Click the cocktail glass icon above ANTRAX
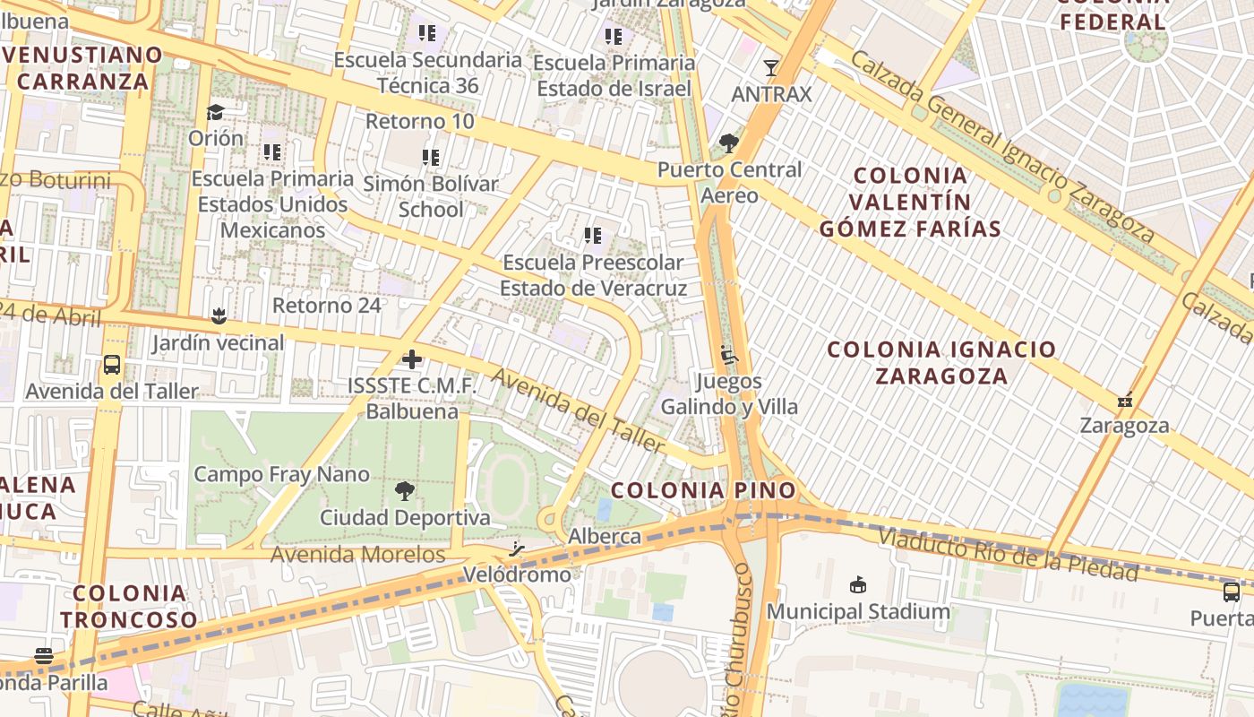point(769,67)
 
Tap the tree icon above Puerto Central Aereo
point(728,143)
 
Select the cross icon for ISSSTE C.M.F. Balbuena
point(412,359)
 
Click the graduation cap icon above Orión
point(215,112)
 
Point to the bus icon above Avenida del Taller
point(112,365)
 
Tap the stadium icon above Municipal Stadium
point(858,585)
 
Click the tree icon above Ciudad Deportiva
point(405,490)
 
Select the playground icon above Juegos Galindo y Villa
point(729,356)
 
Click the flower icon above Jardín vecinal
point(218,315)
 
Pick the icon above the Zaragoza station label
point(1125,399)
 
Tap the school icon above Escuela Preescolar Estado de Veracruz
point(593,236)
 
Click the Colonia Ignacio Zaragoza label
point(941,362)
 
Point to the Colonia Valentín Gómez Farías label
point(910,202)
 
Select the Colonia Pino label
point(703,490)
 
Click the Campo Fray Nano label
point(281,474)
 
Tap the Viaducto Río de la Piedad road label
point(1008,555)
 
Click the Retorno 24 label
point(327,306)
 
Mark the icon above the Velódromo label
point(517,549)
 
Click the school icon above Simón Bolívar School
point(431,158)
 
